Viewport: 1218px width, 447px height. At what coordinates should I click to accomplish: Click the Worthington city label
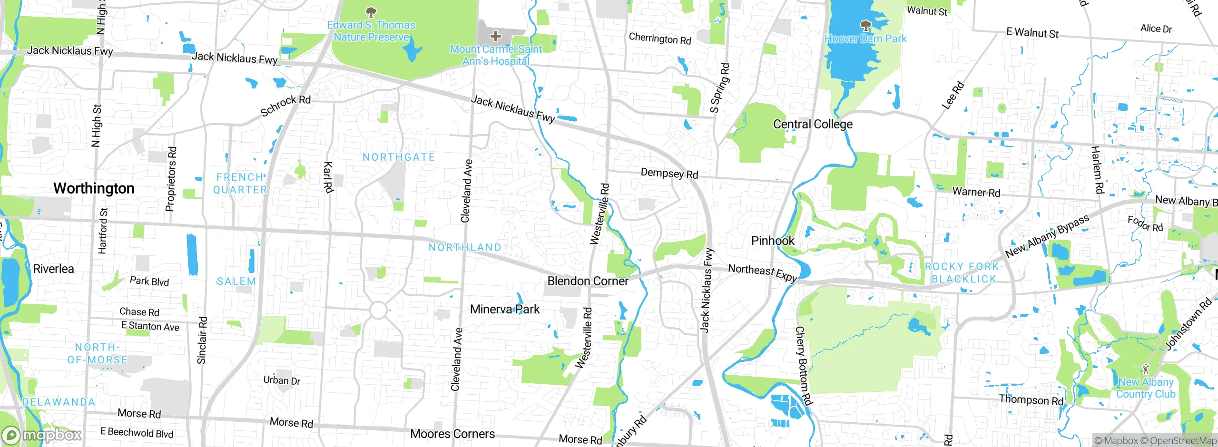94,188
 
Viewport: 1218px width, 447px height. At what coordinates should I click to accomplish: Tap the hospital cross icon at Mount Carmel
495,36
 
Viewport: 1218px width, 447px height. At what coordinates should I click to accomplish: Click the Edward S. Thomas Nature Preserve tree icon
371,11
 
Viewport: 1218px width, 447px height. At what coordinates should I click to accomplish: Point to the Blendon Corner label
588,281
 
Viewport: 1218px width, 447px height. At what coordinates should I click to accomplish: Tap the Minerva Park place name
504,309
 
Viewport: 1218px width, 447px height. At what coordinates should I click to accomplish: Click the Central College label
812,124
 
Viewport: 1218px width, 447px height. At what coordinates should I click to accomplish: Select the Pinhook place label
772,241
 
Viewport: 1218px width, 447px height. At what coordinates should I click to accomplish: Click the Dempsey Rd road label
669,173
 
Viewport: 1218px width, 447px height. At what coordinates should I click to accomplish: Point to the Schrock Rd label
285,106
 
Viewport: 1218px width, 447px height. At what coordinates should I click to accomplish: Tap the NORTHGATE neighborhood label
399,157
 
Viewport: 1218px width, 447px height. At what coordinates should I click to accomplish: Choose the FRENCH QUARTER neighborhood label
240,183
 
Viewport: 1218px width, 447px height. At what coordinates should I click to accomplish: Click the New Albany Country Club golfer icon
1146,369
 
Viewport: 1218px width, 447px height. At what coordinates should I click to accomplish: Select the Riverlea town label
53,269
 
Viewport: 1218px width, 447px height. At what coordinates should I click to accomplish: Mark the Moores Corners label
452,434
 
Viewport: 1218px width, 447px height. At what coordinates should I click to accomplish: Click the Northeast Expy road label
762,272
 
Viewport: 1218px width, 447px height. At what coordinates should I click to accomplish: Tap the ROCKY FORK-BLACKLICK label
963,273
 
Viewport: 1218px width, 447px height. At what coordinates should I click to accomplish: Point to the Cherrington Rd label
659,39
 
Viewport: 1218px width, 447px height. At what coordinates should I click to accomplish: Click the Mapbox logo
42,435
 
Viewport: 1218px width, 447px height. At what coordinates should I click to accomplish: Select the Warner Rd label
976,192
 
